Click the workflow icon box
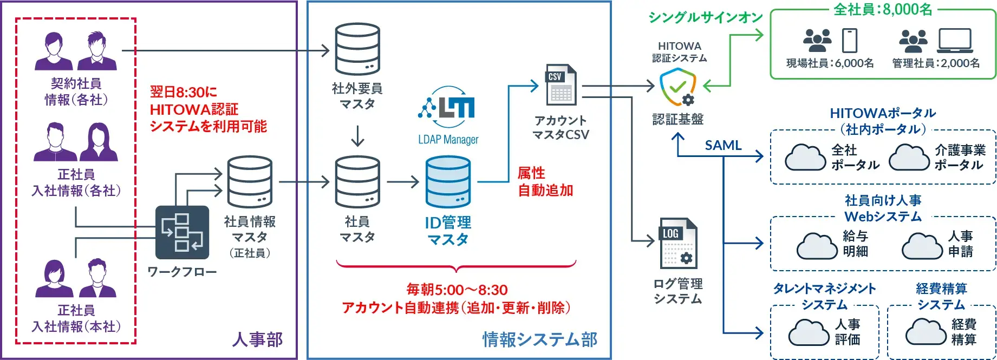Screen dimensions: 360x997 point(182,232)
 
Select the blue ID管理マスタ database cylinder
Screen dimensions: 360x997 point(448,182)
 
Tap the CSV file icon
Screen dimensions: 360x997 point(561,84)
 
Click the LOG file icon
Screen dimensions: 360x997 point(678,244)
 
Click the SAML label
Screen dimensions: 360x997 point(723,145)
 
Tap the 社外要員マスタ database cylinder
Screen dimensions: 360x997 point(357,49)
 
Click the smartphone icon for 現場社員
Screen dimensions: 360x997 point(850,41)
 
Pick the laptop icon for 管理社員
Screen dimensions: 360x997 point(955,41)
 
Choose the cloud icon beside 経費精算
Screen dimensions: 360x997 point(926,331)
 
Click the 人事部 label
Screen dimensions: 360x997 point(257,339)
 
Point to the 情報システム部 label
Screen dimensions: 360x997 point(540,339)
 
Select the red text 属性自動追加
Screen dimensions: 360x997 point(545,182)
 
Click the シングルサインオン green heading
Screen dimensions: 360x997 point(706,18)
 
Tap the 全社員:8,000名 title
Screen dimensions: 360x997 point(883,9)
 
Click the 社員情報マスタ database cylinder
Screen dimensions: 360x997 point(250,182)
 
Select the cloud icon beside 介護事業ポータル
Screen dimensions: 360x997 point(909,157)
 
